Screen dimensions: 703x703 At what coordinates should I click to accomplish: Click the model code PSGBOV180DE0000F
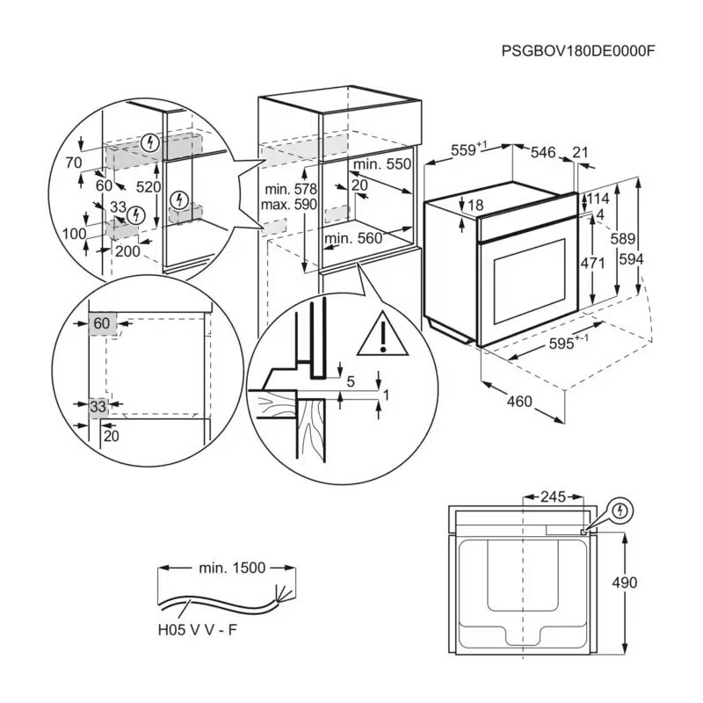point(577,51)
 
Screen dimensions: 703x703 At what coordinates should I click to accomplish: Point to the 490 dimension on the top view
point(625,583)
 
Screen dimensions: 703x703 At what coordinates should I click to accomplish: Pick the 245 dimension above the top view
point(552,497)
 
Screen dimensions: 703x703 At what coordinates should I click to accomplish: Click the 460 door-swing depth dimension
point(519,402)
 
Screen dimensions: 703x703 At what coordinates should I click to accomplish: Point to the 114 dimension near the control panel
point(598,199)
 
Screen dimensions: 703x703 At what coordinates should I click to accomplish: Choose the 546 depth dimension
point(543,153)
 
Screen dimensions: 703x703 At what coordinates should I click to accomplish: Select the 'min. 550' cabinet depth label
point(382,164)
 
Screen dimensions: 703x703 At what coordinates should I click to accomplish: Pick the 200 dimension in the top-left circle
point(128,250)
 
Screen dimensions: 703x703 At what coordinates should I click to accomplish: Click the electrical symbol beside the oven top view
point(620,510)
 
